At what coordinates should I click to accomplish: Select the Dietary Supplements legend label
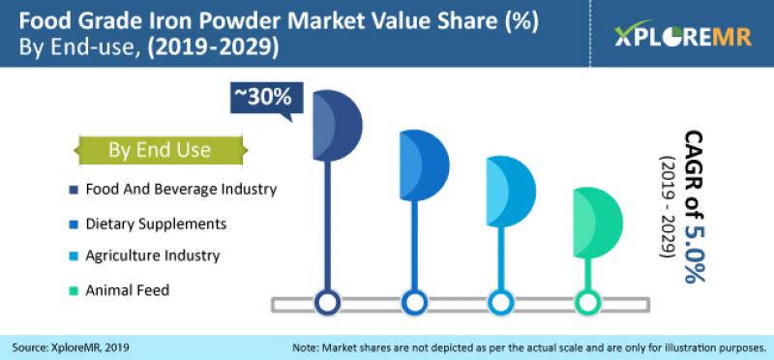point(156,224)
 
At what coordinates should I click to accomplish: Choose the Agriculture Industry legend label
point(153,256)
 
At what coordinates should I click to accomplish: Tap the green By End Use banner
point(159,150)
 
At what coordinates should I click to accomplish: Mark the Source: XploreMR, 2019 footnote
point(72,345)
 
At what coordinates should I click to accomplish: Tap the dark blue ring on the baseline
point(328,303)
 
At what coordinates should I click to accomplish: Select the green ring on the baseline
point(586,303)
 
